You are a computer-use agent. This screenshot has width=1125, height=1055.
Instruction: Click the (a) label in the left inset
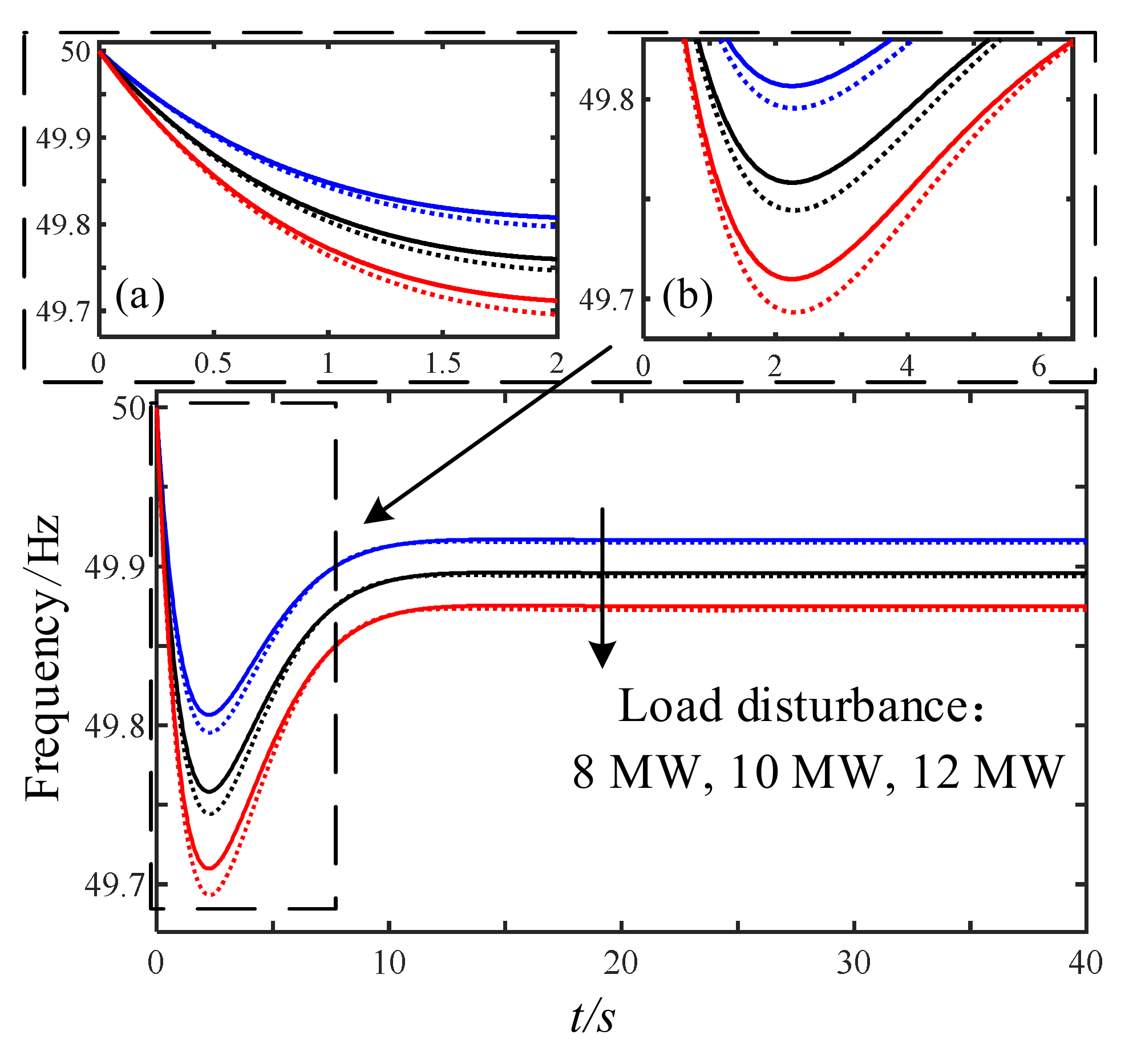[x=140, y=296]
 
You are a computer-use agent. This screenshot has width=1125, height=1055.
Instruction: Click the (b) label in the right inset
[x=687, y=296]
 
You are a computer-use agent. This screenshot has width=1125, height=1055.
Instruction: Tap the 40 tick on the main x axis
[x=1085, y=963]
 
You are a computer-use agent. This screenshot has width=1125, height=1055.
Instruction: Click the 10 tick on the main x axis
[x=389, y=963]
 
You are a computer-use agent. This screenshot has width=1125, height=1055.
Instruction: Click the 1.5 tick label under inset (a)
[x=443, y=364]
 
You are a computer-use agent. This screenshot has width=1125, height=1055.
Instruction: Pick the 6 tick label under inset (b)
[x=1038, y=366]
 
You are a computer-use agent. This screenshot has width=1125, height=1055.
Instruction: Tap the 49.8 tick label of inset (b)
[x=606, y=100]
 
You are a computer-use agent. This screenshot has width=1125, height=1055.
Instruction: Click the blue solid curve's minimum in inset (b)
[x=792, y=86]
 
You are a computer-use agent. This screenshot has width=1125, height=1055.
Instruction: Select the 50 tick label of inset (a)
[x=75, y=52]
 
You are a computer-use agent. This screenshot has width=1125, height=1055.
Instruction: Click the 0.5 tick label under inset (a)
[x=213, y=364]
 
